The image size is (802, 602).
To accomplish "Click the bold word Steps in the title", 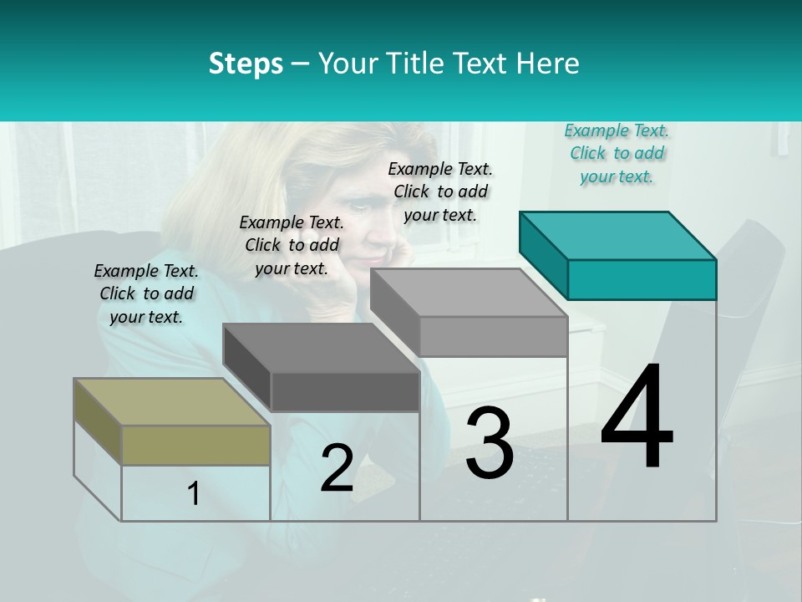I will click(246, 64).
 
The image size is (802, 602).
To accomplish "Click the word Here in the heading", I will click(546, 64).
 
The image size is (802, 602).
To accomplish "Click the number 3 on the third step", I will click(489, 443).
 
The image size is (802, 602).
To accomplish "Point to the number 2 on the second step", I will click(337, 468).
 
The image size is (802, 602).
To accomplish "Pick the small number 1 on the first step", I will click(194, 493).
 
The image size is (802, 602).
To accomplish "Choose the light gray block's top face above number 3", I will click(469, 293).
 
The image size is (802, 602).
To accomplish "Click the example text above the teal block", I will click(617, 153).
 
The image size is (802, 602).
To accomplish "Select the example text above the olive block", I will click(146, 293).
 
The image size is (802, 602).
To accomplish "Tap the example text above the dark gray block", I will click(292, 245).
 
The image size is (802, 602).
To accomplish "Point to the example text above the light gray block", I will click(440, 191).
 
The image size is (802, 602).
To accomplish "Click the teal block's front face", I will click(642, 279).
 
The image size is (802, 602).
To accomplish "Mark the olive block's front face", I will click(195, 445).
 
